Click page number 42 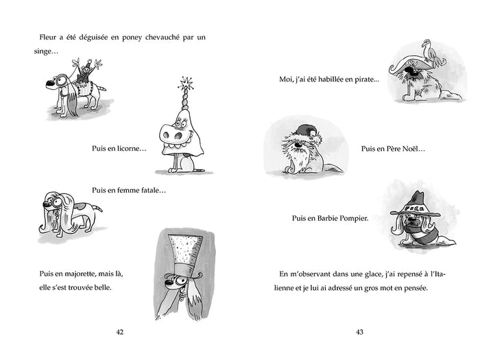tap(119, 332)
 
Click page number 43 tap(359, 332)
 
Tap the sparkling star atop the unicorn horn tap(183, 86)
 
